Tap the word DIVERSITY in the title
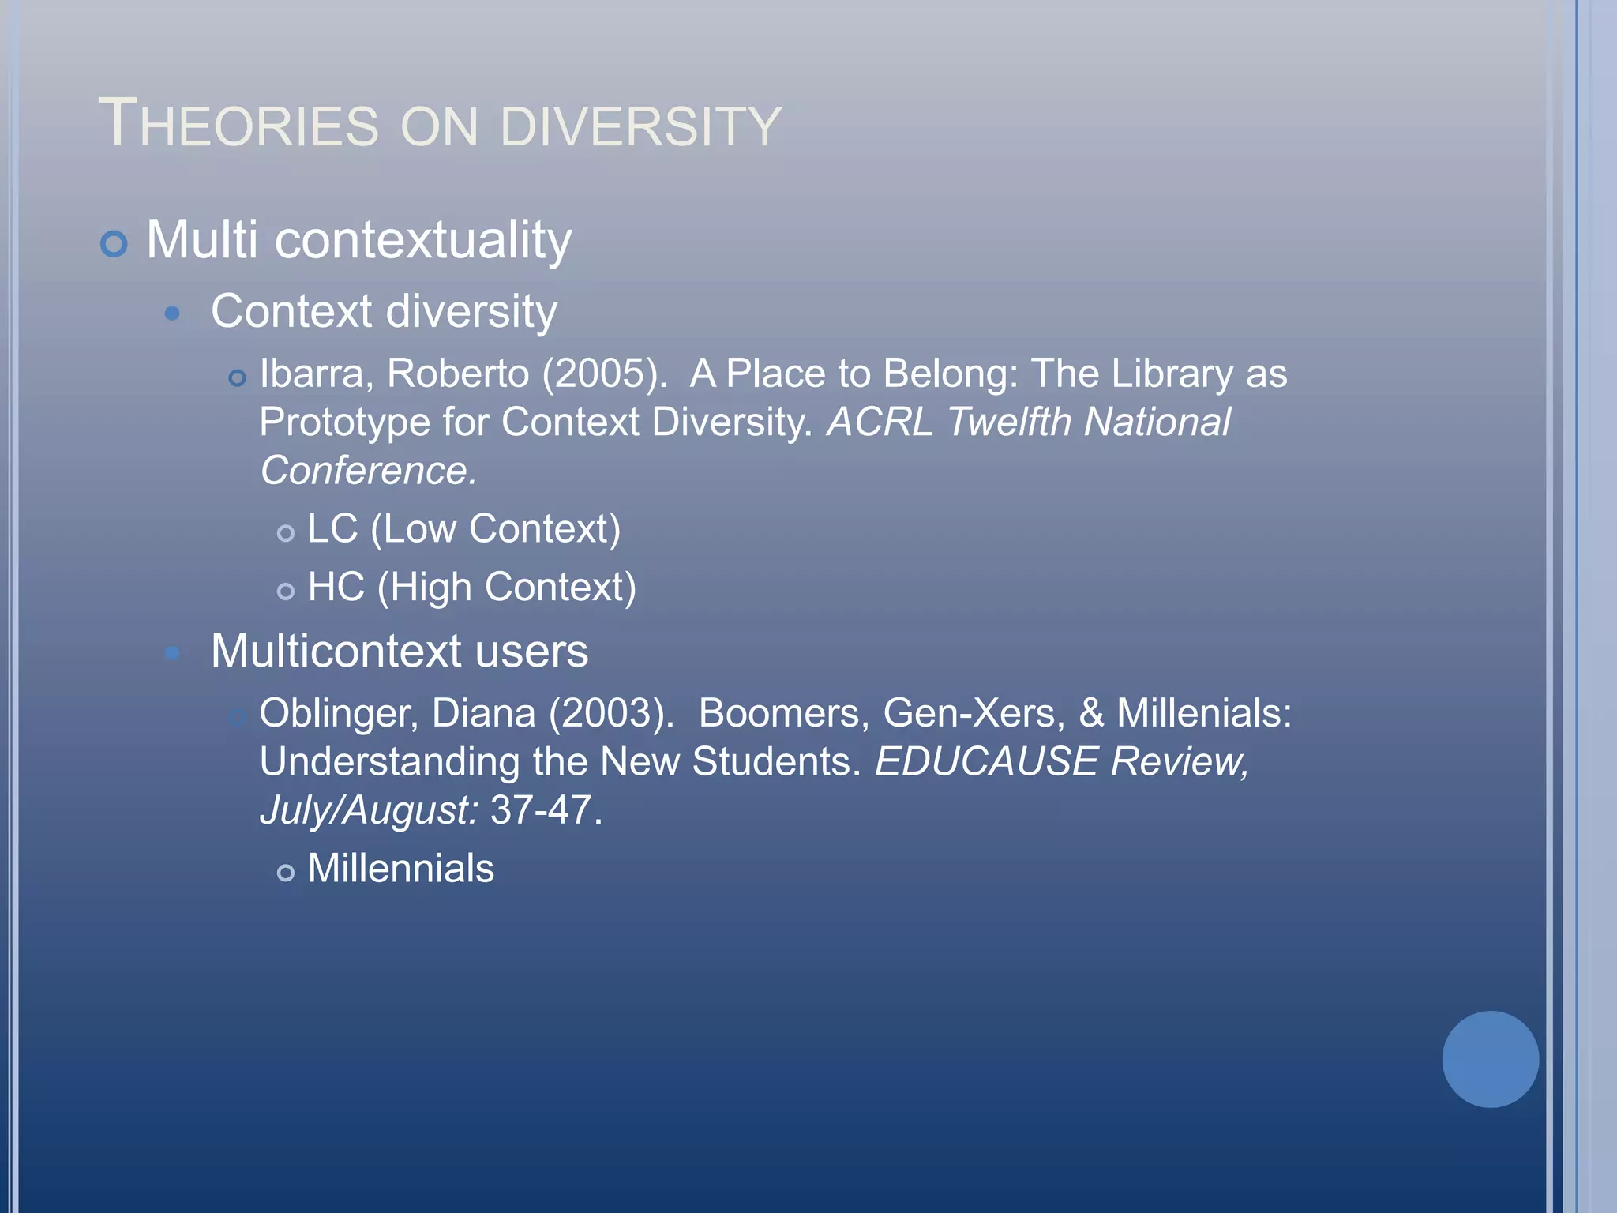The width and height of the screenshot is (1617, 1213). (640, 126)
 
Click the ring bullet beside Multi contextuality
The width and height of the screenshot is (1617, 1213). (114, 243)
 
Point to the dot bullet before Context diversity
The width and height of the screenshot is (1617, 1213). (172, 314)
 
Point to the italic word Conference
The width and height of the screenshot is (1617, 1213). (368, 471)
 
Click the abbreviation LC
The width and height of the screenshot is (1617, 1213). (332, 529)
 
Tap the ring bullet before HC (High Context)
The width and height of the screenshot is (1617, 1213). (286, 591)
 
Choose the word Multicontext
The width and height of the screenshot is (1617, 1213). (336, 652)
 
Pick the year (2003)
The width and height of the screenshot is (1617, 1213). (611, 713)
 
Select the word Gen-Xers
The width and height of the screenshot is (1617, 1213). (973, 713)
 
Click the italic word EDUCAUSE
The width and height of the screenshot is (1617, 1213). (986, 762)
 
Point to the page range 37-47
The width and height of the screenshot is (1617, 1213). (541, 811)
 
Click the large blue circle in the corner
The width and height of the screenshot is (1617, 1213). (1490, 1059)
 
